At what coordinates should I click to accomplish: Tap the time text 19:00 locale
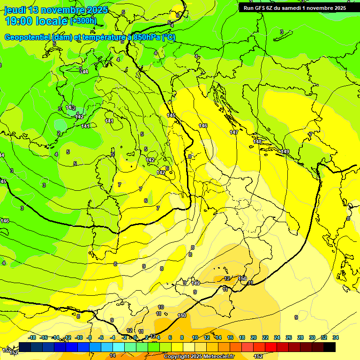click(36, 21)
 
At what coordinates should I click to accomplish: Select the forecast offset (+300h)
click(83, 21)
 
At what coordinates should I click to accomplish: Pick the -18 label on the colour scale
click(32, 337)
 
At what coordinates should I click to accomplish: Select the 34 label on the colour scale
click(336, 337)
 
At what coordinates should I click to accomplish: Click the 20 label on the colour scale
click(254, 337)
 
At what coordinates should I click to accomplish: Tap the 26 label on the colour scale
click(289, 337)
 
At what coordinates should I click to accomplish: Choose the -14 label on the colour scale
click(56, 337)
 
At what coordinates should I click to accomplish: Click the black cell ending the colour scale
click(330, 347)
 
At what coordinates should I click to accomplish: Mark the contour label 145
click(171, 115)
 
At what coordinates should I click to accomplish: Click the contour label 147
click(234, 133)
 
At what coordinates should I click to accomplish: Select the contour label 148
click(257, 142)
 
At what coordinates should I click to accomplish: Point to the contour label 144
click(84, 72)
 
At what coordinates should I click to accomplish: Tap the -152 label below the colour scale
click(258, 357)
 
